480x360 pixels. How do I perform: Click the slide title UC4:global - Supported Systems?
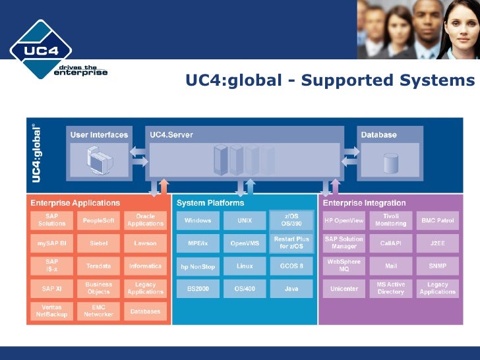coord(330,80)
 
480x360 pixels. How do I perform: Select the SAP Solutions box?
coord(51,220)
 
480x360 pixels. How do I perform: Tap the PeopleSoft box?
coord(98,220)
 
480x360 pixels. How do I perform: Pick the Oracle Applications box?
coord(145,220)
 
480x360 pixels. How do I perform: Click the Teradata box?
coord(98,266)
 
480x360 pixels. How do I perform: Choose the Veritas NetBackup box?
coord(51,311)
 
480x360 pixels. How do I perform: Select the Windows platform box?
coord(198,220)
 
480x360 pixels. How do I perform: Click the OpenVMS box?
coord(245,243)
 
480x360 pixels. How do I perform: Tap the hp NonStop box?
coord(198,266)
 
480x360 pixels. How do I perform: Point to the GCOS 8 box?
coord(291,266)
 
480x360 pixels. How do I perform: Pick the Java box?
coord(291,289)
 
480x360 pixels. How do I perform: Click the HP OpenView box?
coord(344,220)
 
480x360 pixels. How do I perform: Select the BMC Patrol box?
coord(437,220)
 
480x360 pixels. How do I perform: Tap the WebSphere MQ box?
coord(344,266)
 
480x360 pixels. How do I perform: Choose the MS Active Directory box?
coord(390,288)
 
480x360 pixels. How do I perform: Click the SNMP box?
coord(437,266)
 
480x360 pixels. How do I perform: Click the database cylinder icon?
coord(391,161)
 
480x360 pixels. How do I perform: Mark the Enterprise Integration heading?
coord(364,203)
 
